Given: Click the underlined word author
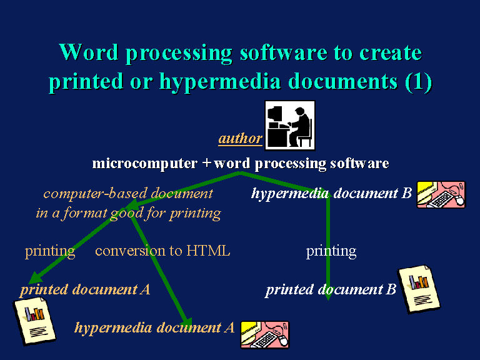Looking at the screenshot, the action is coord(240,138).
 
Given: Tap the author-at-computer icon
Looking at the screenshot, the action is coord(290,126).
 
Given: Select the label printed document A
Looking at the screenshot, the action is coord(85,289).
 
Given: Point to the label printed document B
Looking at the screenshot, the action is coord(331,289).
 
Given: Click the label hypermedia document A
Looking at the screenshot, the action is coord(154,328).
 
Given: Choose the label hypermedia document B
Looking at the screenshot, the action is coord(331,194).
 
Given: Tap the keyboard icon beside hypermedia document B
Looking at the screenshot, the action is coord(441,195).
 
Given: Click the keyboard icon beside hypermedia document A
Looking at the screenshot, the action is coord(265,334).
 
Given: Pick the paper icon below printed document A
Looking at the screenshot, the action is coord(34,321).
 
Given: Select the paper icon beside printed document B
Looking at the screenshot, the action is coord(419,289).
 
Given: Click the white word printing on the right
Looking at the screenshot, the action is coord(331,252).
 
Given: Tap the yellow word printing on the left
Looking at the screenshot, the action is coord(50,252).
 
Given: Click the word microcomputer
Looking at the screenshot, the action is coord(145,164).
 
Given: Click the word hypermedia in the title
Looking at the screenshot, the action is coord(220,82).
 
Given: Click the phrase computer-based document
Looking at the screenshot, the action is coord(128,194).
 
